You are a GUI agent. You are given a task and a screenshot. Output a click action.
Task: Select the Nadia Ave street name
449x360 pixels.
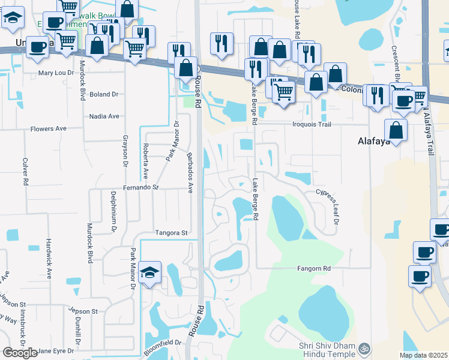click(x=104, y=116)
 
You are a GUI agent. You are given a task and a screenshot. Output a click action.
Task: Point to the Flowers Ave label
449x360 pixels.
click(x=49, y=129)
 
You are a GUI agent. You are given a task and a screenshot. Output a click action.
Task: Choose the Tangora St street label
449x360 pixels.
click(x=172, y=233)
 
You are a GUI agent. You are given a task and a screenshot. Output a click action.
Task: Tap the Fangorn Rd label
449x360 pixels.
click(x=314, y=269)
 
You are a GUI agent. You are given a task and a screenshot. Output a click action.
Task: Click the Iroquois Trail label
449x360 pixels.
click(x=311, y=125)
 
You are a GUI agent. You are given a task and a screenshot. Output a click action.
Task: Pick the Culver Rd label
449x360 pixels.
click(x=26, y=171)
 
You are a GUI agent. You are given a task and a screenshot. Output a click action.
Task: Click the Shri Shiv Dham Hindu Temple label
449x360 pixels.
click(x=327, y=350)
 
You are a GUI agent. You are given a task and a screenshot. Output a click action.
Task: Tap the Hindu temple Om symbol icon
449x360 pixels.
click(x=363, y=348)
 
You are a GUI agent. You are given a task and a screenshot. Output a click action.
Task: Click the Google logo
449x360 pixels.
click(x=20, y=353)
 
